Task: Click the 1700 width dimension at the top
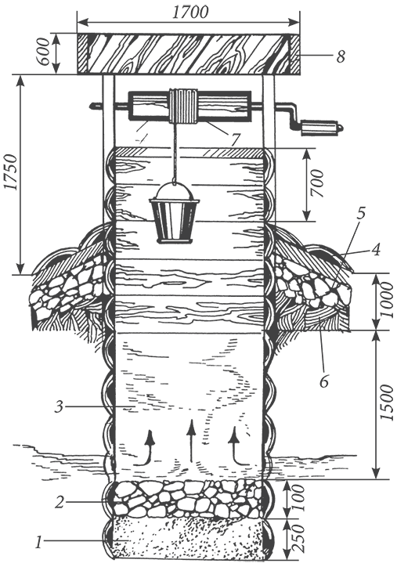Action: (x=189, y=12)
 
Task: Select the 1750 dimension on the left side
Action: (x=11, y=172)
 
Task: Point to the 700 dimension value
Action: (x=318, y=183)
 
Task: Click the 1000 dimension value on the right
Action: (x=387, y=300)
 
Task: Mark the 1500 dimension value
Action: (x=387, y=403)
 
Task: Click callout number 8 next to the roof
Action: (x=341, y=56)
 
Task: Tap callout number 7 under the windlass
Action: (x=236, y=139)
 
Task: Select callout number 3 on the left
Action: (x=59, y=407)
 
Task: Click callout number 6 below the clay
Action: (x=324, y=381)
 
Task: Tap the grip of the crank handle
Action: (x=320, y=128)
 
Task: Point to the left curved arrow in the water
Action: (x=144, y=447)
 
